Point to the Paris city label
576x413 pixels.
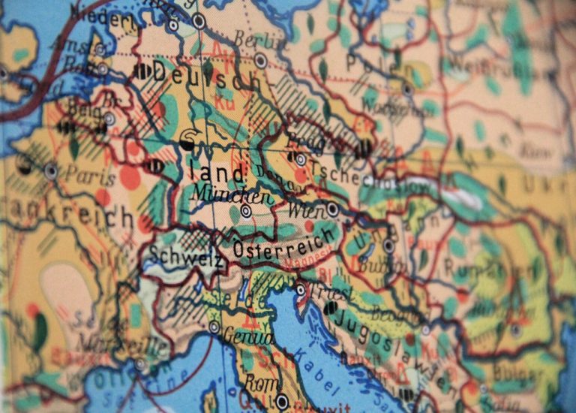pyautogui.click(x=89, y=176)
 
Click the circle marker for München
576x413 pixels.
pyautogui.click(x=246, y=212)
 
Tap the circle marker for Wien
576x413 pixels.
pyautogui.click(x=332, y=209)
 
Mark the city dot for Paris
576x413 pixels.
pyautogui.click(x=51, y=170)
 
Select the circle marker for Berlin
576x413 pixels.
pyautogui.click(x=260, y=61)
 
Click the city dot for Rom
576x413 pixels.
pyautogui.click(x=282, y=402)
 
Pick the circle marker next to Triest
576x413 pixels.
pyautogui.click(x=301, y=290)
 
